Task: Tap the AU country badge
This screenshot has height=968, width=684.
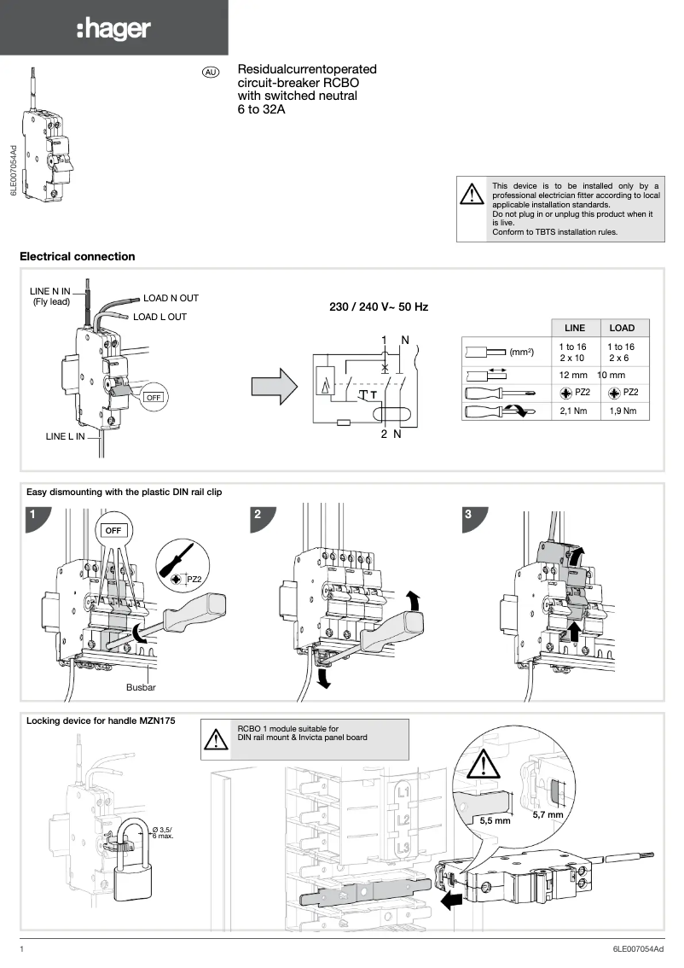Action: (x=211, y=73)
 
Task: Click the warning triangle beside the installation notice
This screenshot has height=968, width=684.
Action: (x=471, y=195)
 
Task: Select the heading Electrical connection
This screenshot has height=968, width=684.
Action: (x=77, y=256)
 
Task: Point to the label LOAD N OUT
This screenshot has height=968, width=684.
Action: (x=171, y=298)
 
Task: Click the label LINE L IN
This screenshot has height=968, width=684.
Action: (x=66, y=436)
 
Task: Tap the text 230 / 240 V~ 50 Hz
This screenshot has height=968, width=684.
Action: (x=379, y=306)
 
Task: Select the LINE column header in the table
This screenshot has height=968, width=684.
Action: (x=575, y=328)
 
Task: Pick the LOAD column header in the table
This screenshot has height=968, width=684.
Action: (x=622, y=328)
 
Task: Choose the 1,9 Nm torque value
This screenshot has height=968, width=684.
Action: (x=623, y=411)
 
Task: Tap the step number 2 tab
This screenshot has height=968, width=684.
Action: (x=258, y=515)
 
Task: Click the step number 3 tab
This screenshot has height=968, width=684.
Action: (x=468, y=515)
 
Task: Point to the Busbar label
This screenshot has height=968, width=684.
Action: (x=141, y=685)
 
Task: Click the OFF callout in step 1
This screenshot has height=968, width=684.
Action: (x=114, y=530)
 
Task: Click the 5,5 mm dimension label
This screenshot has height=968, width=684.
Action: (x=495, y=820)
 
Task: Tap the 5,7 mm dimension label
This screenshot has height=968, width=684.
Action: (x=548, y=814)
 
